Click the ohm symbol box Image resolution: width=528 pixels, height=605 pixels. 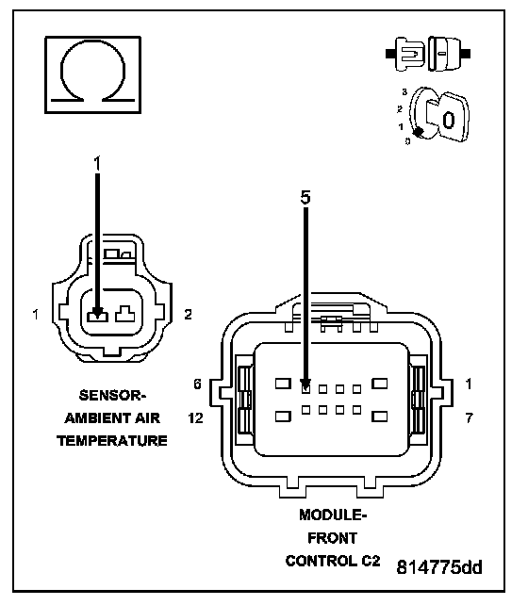click(93, 74)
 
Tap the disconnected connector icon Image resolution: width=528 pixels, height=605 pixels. click(428, 54)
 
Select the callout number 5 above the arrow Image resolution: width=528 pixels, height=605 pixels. click(305, 198)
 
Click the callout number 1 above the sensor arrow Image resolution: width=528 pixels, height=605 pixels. click(97, 163)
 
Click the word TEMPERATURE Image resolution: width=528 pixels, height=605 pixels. click(112, 441)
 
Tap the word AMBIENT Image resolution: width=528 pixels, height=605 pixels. click(91, 418)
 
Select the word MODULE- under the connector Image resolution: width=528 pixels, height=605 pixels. click(333, 515)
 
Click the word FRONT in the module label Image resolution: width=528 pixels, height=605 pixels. click(332, 538)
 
